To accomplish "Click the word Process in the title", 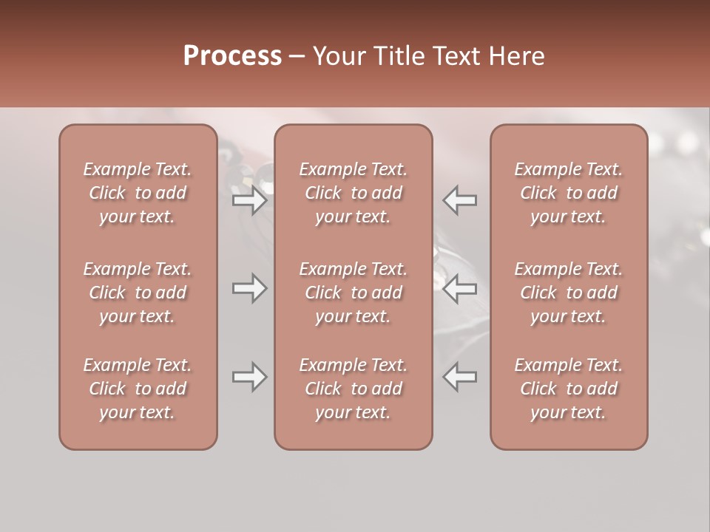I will [x=232, y=56].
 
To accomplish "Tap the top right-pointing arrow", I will [x=250, y=200].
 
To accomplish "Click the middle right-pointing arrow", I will [x=250, y=288].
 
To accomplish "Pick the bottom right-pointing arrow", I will [x=250, y=377].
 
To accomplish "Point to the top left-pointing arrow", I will [x=459, y=200].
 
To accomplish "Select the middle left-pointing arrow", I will [x=459, y=288].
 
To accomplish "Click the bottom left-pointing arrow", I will [x=459, y=377].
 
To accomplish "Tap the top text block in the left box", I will [x=138, y=193].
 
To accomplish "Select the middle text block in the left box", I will [x=138, y=293].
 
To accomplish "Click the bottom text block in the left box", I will [x=138, y=389].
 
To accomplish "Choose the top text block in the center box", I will [x=354, y=193].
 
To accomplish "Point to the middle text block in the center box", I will [x=354, y=293].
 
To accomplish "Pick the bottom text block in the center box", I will [x=354, y=389].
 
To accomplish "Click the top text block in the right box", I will [x=569, y=193].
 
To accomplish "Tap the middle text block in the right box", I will [x=569, y=293].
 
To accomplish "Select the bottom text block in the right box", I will [x=569, y=389].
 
